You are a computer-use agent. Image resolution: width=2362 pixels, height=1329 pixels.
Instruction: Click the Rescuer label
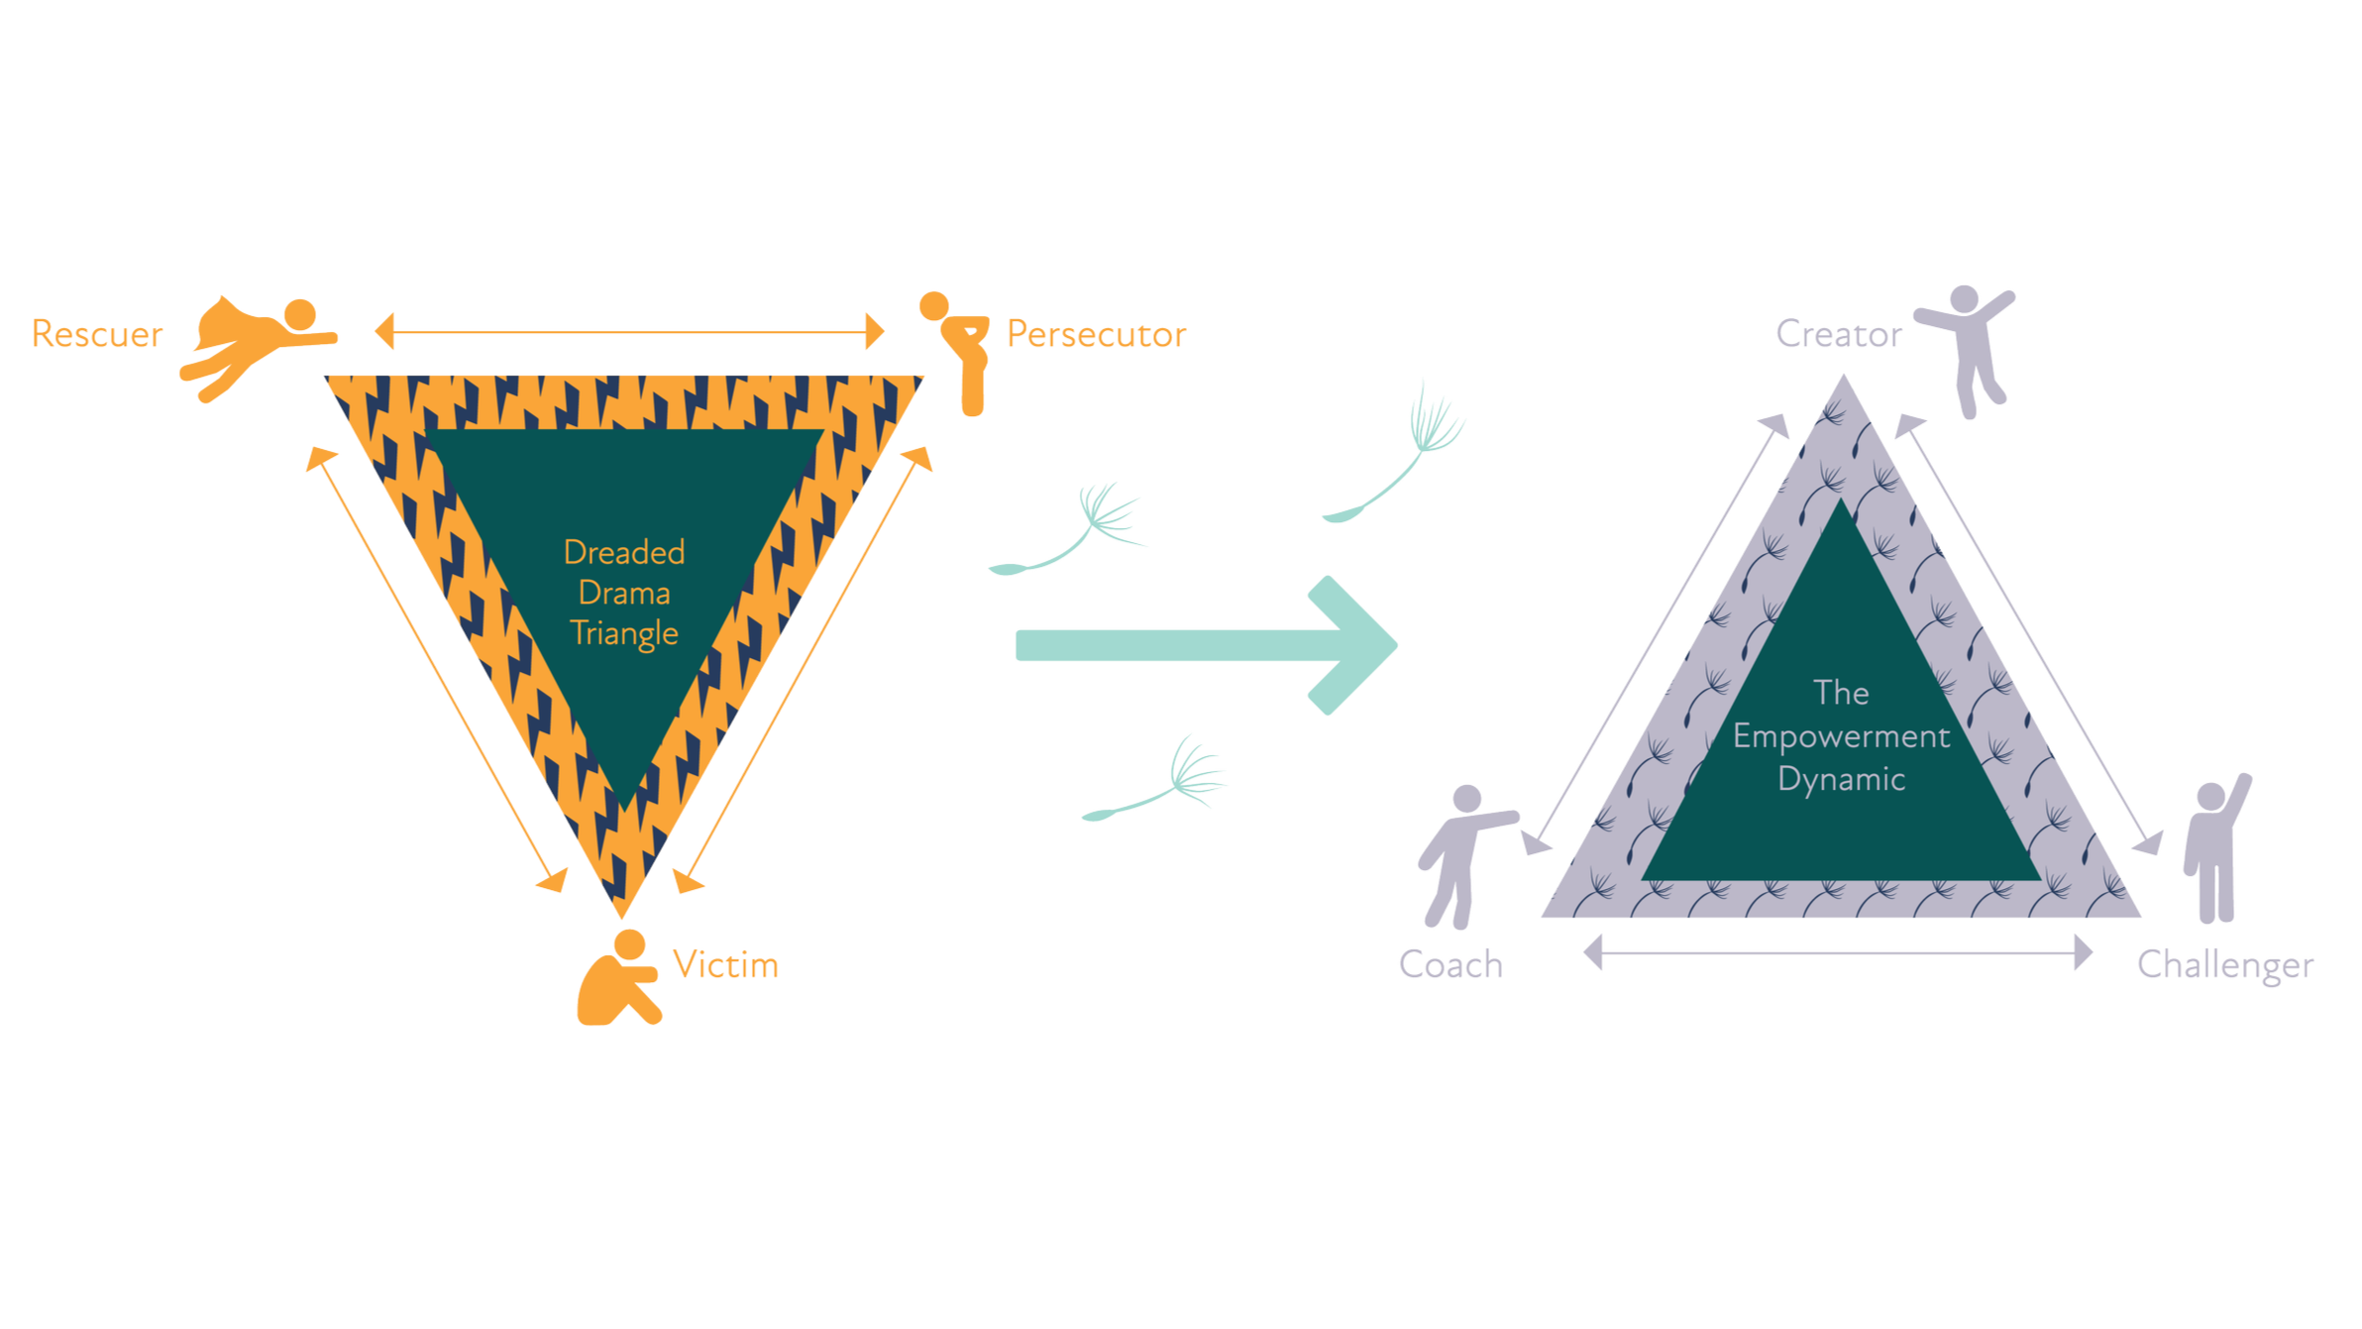[x=96, y=334]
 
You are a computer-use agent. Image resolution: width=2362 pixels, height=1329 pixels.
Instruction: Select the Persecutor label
[x=1097, y=335]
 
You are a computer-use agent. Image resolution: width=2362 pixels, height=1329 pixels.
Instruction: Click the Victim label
[x=725, y=964]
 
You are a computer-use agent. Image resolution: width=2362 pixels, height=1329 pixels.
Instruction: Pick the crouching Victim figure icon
[x=619, y=982]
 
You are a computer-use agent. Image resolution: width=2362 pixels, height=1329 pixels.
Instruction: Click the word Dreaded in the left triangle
[x=624, y=552]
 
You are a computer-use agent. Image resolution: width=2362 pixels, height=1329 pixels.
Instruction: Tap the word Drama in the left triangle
[x=624, y=593]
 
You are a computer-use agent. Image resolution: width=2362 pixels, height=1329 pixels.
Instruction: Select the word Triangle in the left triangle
[x=624, y=633]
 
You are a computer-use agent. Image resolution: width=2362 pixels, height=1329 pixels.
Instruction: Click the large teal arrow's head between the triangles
[x=1352, y=644]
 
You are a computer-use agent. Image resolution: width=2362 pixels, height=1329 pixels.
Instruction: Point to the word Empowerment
[x=1841, y=736]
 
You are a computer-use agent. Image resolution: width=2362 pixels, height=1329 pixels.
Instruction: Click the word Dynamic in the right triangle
[x=1841, y=779]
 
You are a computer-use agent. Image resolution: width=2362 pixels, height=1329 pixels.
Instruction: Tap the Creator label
[x=1835, y=335]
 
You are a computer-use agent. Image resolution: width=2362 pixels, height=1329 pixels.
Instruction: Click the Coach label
[x=1449, y=964]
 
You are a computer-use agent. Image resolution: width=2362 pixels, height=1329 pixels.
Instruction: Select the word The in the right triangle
[x=1841, y=693]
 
